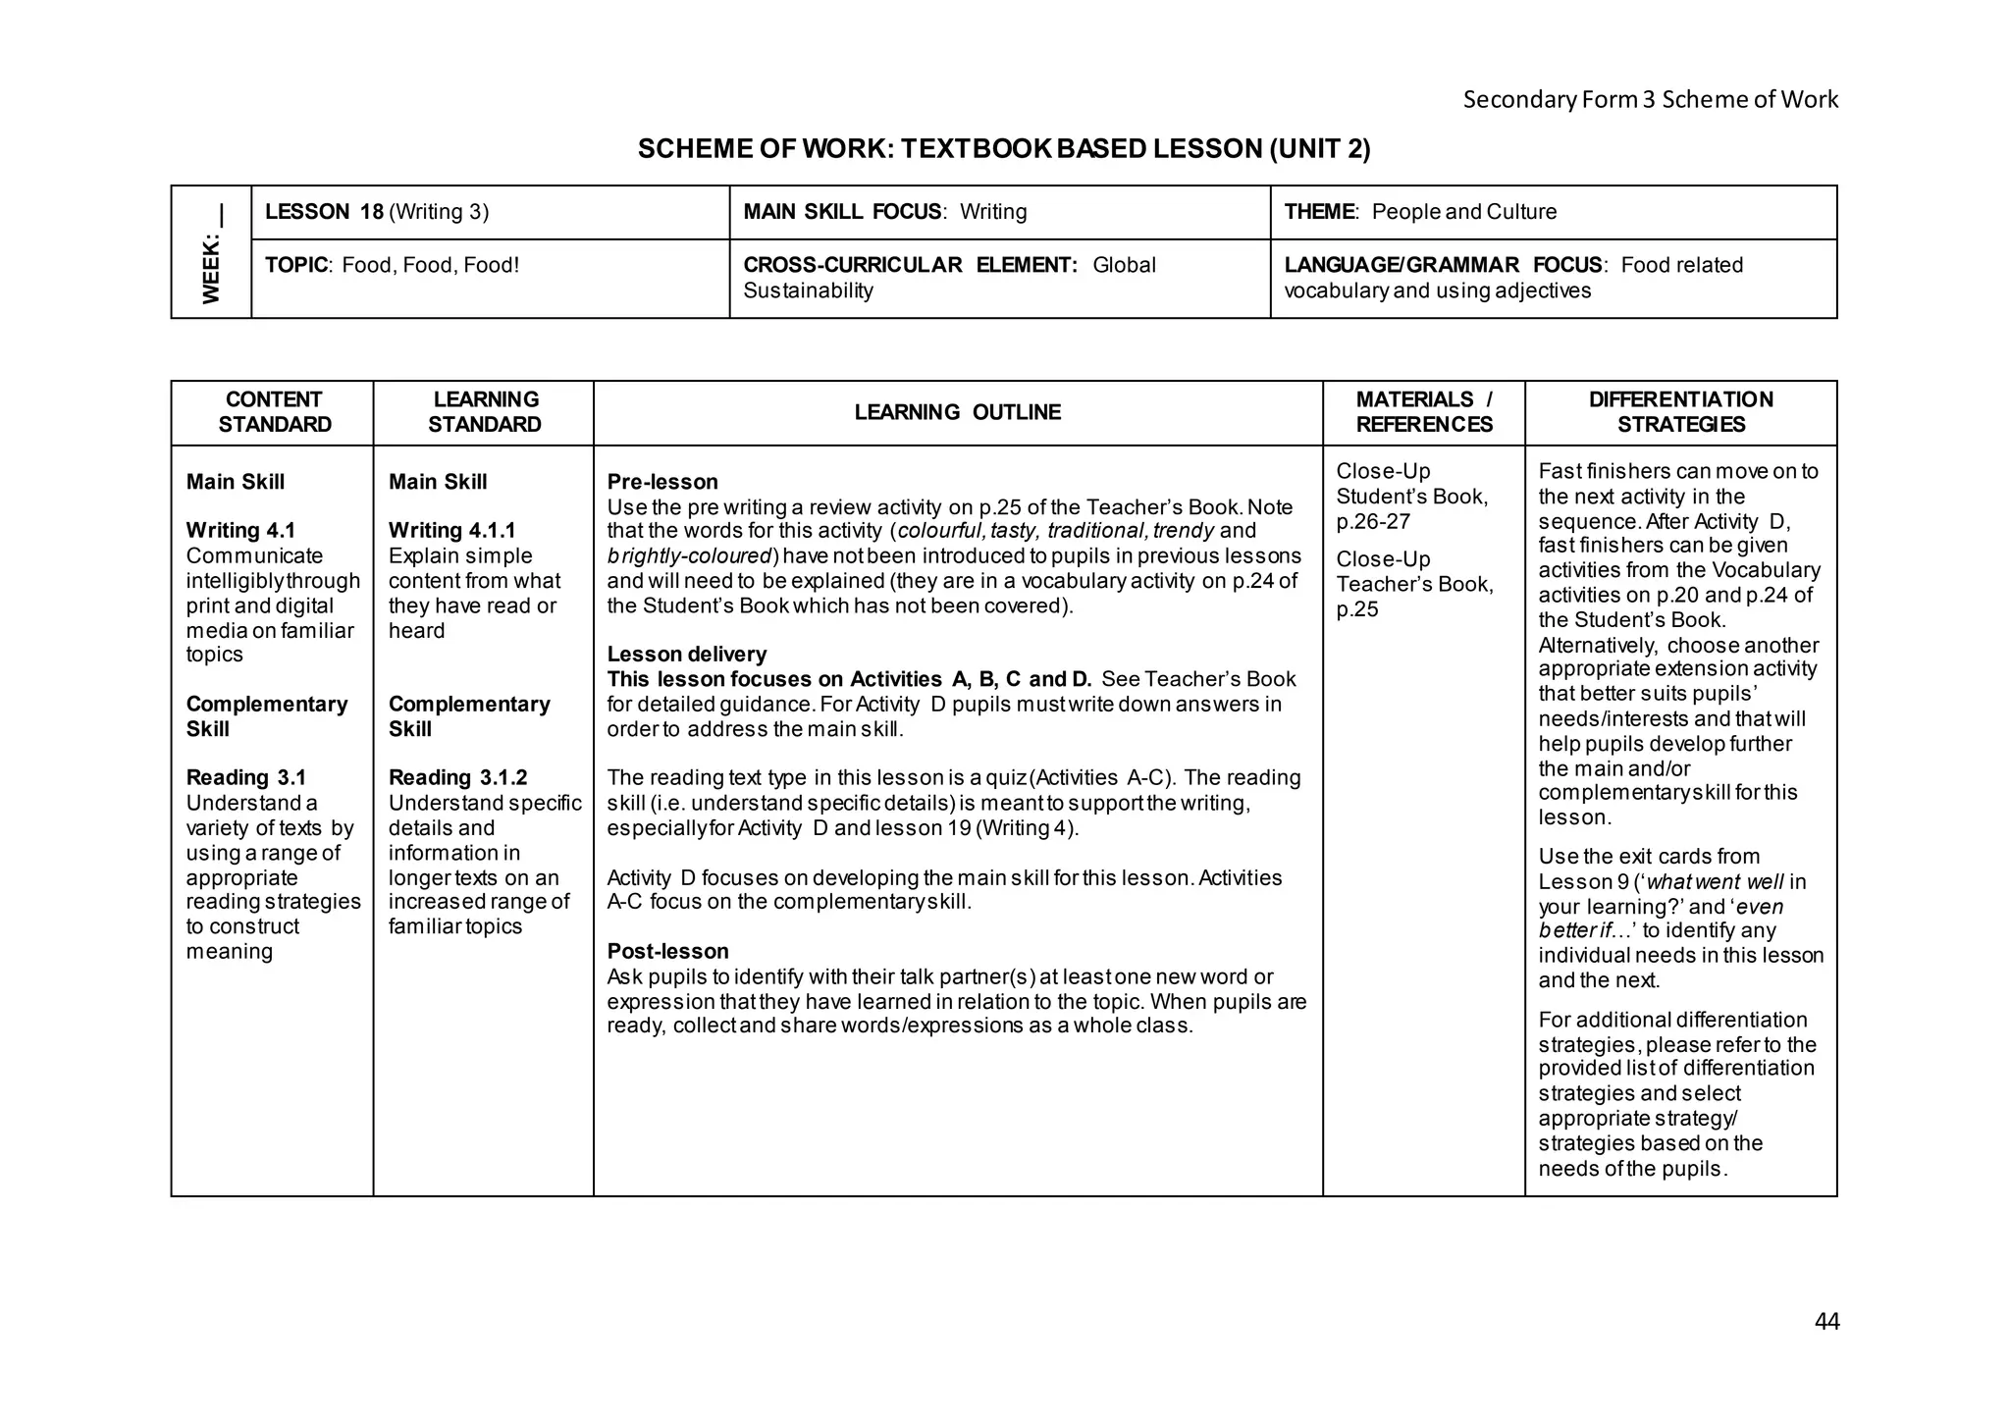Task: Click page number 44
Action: [x=1826, y=1322]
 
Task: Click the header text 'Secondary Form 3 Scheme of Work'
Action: [x=1650, y=99]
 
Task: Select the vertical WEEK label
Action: [x=211, y=255]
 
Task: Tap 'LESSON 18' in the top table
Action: [x=324, y=212]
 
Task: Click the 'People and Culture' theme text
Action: [x=1464, y=212]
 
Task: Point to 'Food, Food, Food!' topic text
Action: [x=430, y=265]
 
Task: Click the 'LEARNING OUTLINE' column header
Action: [x=957, y=412]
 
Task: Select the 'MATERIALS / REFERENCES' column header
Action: [x=1423, y=412]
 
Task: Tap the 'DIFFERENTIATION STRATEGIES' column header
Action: [x=1680, y=412]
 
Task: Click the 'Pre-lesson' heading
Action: [x=661, y=482]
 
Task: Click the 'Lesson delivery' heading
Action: [x=686, y=655]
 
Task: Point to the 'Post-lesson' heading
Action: [x=667, y=951]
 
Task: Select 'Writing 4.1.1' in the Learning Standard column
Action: [x=451, y=531]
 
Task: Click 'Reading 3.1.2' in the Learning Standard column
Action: [x=457, y=778]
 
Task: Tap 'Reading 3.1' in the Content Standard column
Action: [x=245, y=778]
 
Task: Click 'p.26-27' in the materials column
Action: [x=1372, y=521]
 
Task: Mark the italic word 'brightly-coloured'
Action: [x=689, y=556]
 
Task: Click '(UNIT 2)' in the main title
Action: [x=1319, y=149]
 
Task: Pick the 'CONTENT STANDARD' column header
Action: [x=274, y=412]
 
